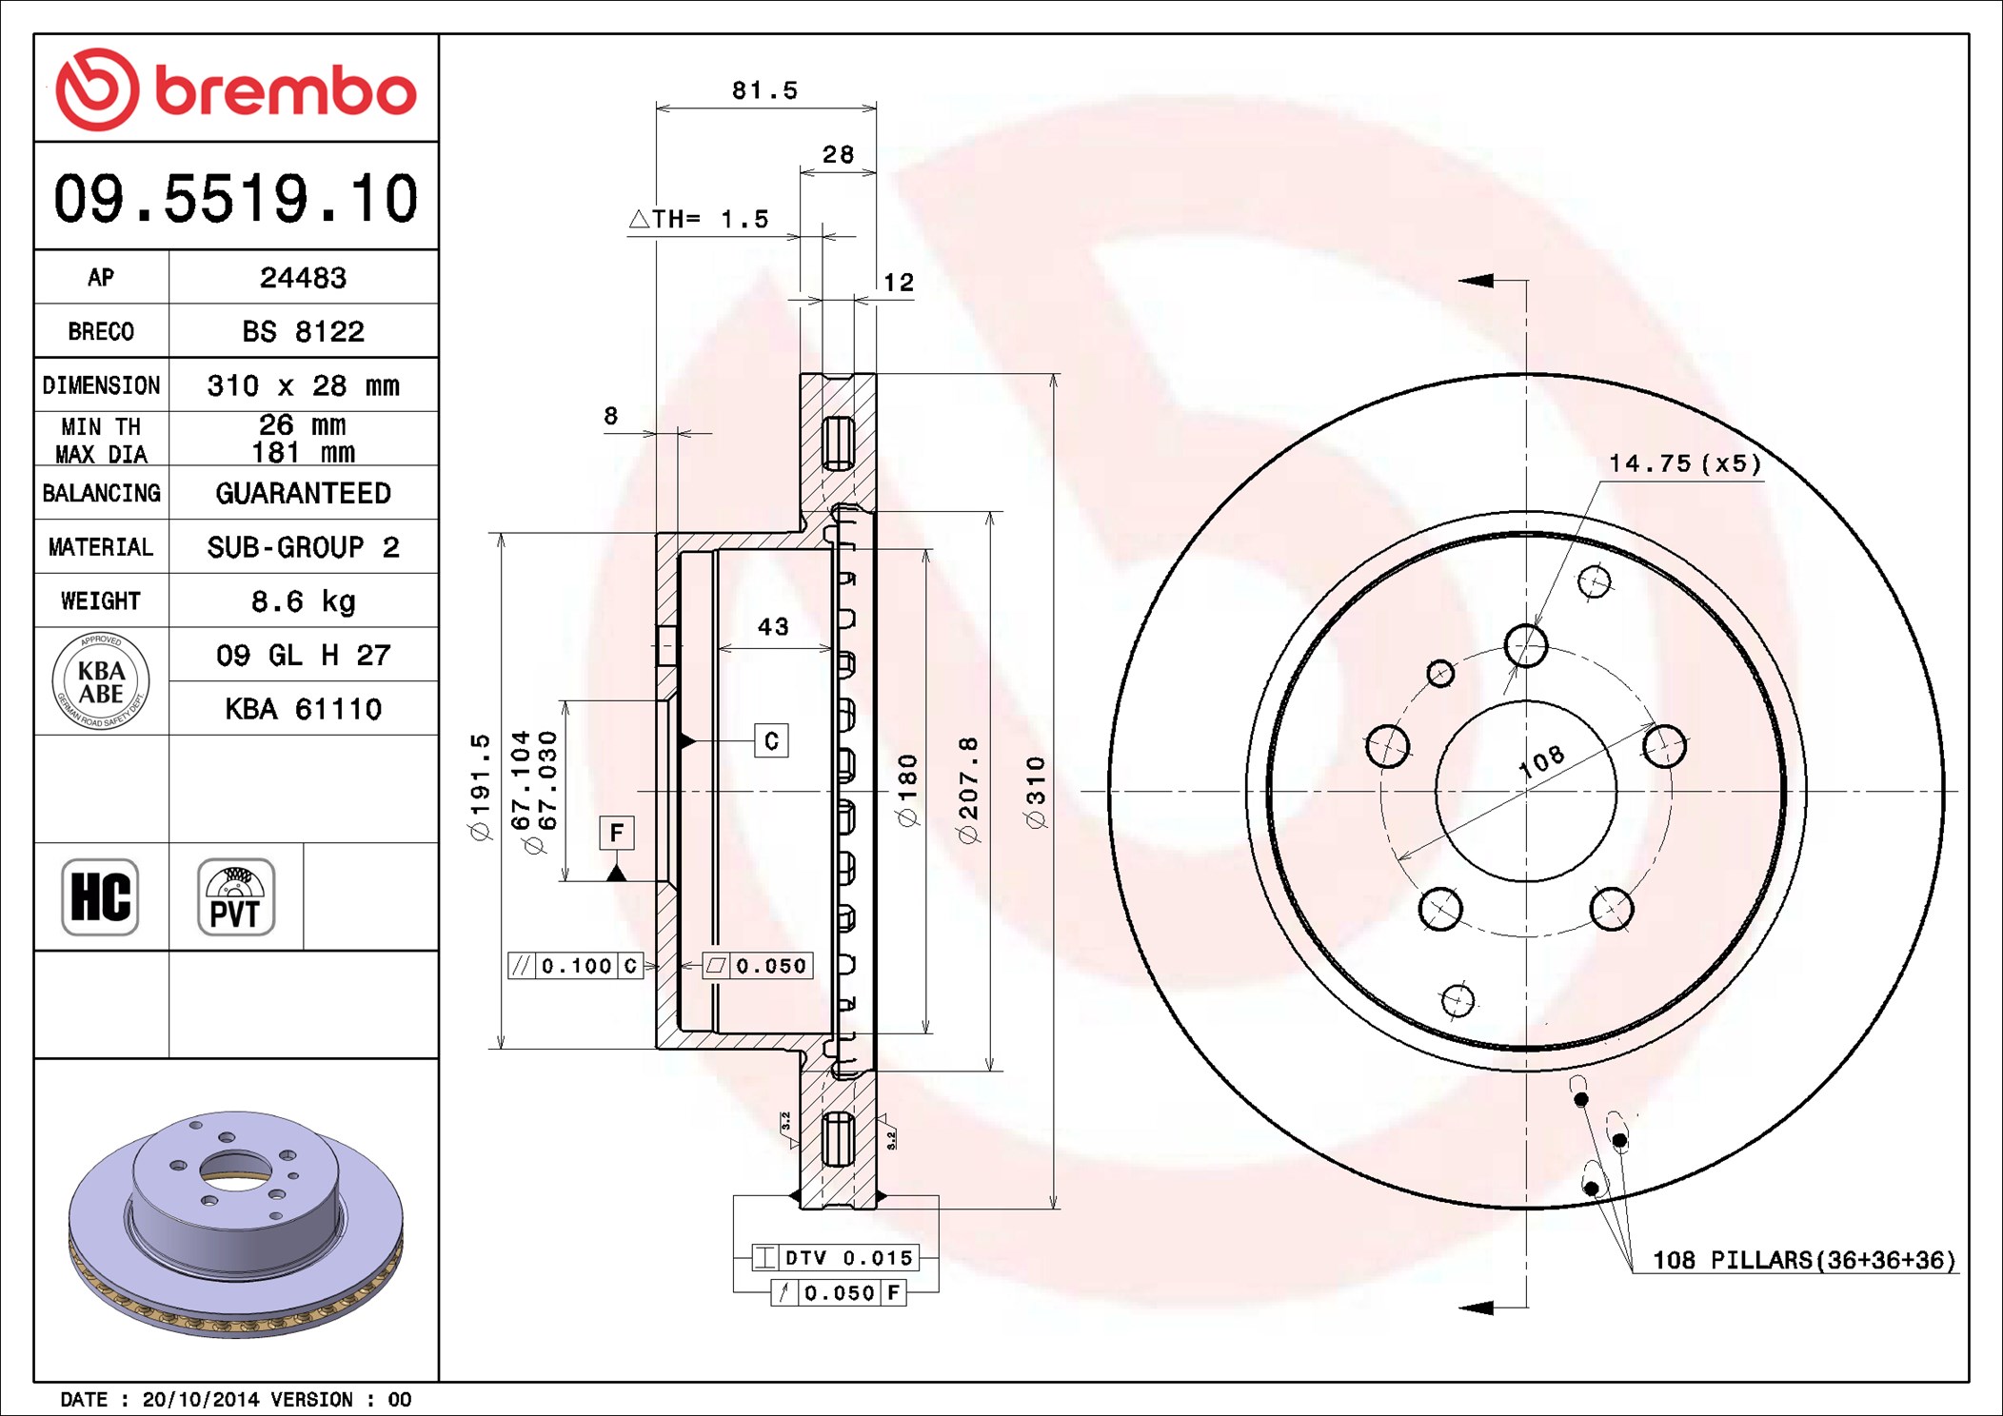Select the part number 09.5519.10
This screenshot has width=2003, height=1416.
(236, 199)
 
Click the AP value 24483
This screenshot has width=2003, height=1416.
(303, 278)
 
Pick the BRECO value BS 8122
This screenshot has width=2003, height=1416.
(303, 331)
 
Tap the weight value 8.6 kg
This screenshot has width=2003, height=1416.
(303, 601)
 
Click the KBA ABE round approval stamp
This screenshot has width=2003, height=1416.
(101, 681)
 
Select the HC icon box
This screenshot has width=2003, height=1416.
(100, 896)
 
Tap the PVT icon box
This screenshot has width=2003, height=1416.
(236, 896)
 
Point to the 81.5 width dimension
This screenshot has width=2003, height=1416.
(764, 90)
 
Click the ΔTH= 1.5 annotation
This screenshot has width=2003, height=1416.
(699, 219)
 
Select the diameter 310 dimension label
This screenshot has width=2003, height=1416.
(1036, 792)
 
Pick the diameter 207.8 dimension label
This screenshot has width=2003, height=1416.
(968, 790)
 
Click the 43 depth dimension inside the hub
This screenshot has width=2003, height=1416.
(773, 627)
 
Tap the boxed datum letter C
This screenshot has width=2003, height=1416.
(771, 740)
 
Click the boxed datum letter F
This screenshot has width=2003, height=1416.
(617, 834)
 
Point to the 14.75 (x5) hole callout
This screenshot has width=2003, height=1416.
(1685, 463)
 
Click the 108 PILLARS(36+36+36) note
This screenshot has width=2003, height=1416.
(1804, 1260)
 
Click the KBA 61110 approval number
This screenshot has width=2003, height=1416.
(303, 709)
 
